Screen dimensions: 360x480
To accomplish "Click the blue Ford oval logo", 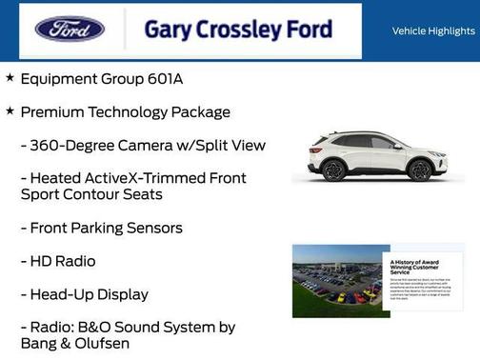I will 70,30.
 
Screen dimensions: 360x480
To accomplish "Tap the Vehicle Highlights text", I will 433,31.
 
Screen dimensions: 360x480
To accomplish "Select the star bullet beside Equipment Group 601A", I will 10,77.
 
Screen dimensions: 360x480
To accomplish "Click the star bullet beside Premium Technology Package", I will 10,110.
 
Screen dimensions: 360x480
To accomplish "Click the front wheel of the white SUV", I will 419,170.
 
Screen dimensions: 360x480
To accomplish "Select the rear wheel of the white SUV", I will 333,170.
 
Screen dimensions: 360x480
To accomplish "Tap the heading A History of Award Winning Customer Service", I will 420,266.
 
